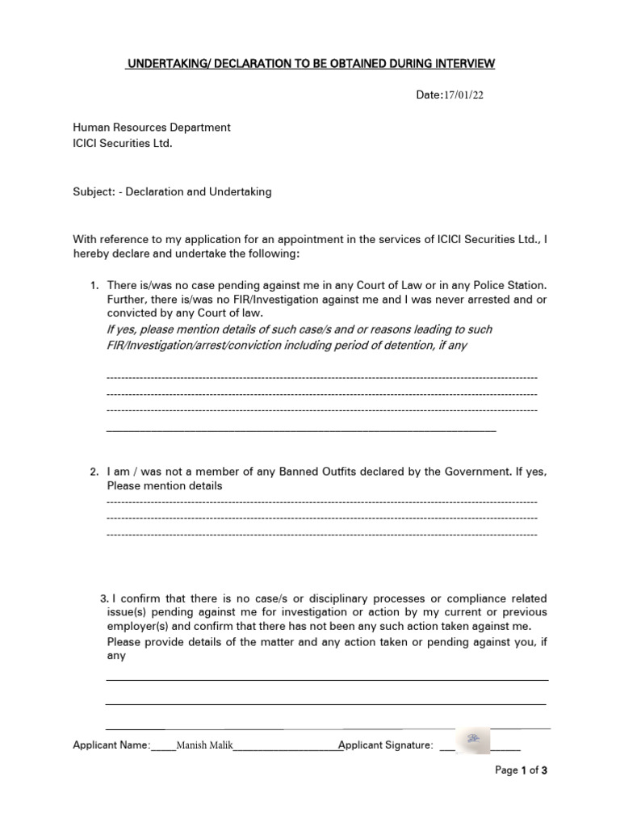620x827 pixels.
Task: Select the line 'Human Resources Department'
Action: [152, 128]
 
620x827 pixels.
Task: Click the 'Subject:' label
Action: [94, 192]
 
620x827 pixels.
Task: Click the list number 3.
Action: [104, 598]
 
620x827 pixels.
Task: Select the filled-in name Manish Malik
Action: [203, 745]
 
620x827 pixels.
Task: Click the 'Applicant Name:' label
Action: [111, 745]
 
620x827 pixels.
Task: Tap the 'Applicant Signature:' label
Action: [386, 745]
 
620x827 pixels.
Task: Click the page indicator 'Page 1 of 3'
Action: [522, 770]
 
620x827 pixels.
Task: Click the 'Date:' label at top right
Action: [429, 95]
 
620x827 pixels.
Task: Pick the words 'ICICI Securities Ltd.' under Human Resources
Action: [123, 143]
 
